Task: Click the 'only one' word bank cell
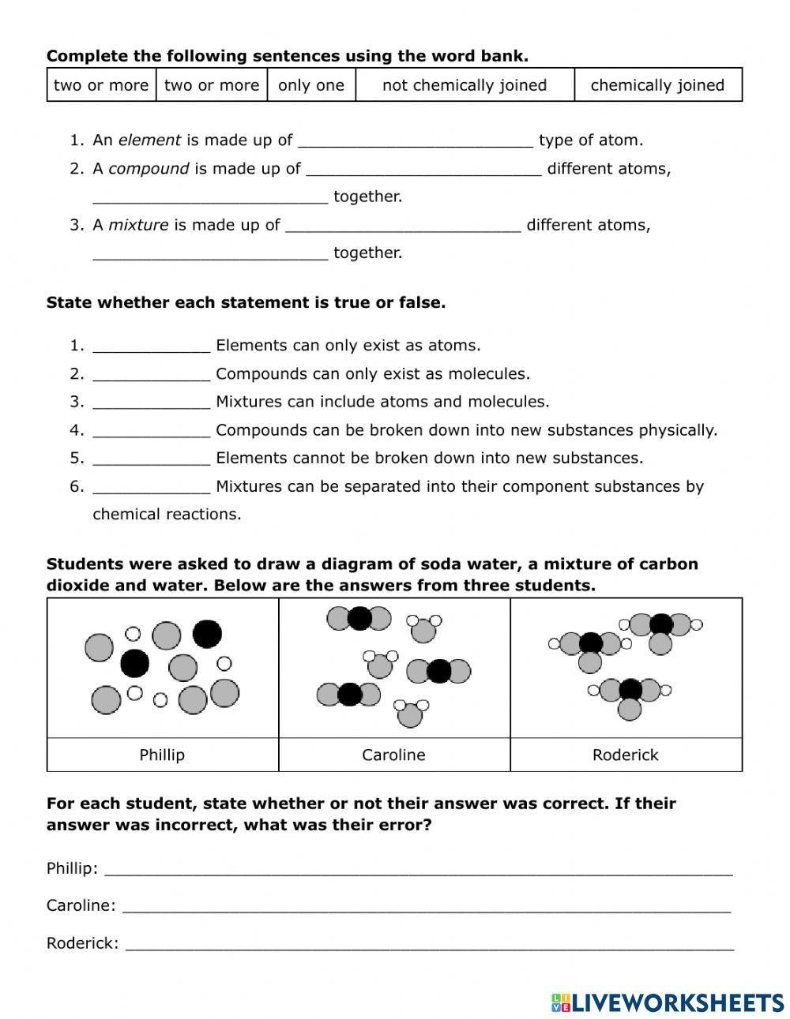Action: pyautogui.click(x=311, y=85)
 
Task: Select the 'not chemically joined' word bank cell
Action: pyautogui.click(x=465, y=85)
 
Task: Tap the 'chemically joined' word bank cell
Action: pyautogui.click(x=657, y=85)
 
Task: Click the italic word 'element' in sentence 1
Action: pyautogui.click(x=149, y=140)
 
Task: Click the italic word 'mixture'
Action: pyautogui.click(x=138, y=225)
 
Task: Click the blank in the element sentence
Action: pyautogui.click(x=416, y=142)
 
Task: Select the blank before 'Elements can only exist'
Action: pyautogui.click(x=152, y=347)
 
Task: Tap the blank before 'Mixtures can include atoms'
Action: pyautogui.click(x=152, y=403)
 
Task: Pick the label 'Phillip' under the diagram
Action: pyautogui.click(x=162, y=755)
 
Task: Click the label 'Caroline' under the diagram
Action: pyautogui.click(x=393, y=755)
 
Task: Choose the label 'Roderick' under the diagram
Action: pyautogui.click(x=625, y=755)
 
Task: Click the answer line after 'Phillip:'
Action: pyautogui.click(x=419, y=871)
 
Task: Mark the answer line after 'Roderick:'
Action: pyautogui.click(x=430, y=945)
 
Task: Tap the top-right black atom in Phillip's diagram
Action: pyautogui.click(x=208, y=633)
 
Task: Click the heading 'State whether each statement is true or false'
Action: pyautogui.click(x=246, y=303)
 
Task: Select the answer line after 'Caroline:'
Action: pyautogui.click(x=427, y=908)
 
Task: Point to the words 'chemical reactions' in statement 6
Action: pyautogui.click(x=166, y=515)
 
